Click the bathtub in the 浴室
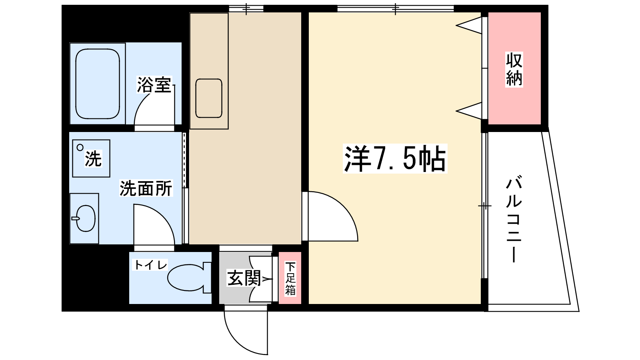coord(98,84)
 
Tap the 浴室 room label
coord(154,85)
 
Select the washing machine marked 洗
coord(91,158)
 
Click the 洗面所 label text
coord(146,188)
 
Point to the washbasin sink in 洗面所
coord(85,218)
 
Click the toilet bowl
coord(186,278)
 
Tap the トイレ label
coord(150,265)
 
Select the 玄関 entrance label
coord(244,278)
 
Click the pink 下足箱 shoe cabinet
coord(290,278)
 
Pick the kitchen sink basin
coord(209,98)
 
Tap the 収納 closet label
coord(514,69)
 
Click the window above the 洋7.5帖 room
coord(395,8)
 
